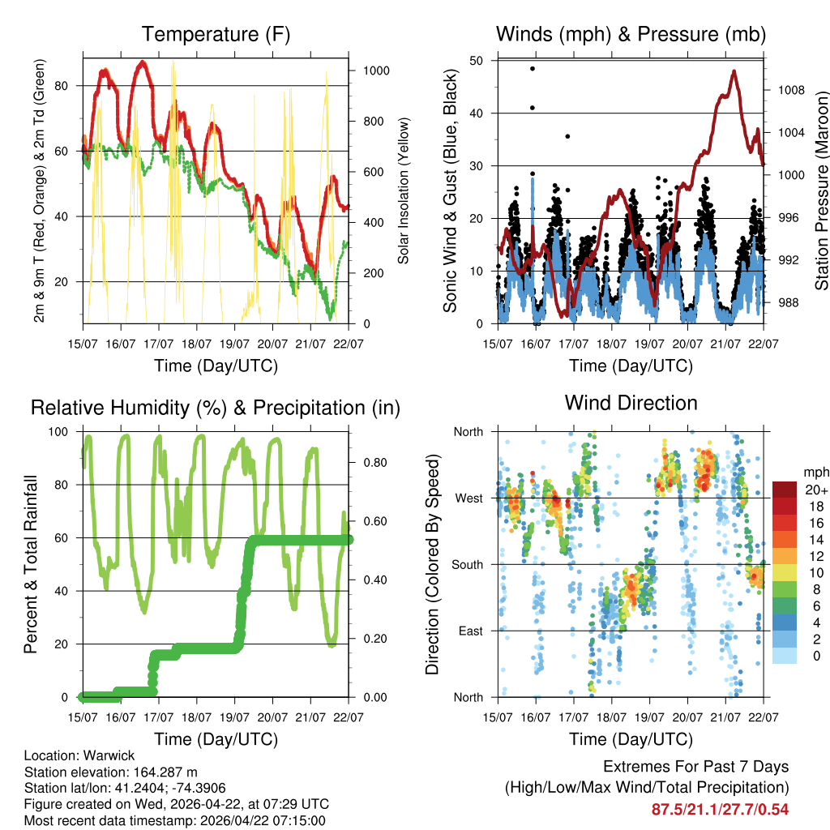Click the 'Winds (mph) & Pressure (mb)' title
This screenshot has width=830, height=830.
[631, 34]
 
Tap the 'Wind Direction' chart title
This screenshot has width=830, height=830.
[631, 402]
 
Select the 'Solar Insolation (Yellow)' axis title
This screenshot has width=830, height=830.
[403, 190]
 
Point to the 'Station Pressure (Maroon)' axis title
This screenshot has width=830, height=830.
[821, 190]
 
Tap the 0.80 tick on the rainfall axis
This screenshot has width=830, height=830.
[370, 463]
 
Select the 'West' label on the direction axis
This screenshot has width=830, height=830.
[468, 498]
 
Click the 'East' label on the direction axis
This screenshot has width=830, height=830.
[470, 631]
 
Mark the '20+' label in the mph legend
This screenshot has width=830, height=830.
[813, 490]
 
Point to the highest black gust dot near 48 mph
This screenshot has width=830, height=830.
[533, 69]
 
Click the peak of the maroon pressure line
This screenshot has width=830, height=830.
[734, 71]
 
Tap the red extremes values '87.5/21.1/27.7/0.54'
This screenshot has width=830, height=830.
[720, 809]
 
